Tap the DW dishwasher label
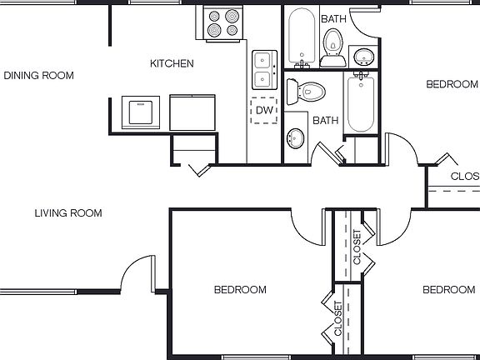(x=265, y=110)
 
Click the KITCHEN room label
(x=172, y=63)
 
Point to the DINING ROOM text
(x=38, y=76)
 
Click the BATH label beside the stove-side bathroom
(x=333, y=17)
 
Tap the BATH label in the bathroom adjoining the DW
(x=325, y=120)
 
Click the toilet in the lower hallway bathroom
(x=308, y=90)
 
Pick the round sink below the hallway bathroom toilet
(x=296, y=138)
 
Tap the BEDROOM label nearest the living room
(x=240, y=290)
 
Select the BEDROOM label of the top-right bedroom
(x=452, y=84)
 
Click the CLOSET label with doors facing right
(x=357, y=247)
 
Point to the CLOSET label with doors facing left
(x=338, y=319)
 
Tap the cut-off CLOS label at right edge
(x=464, y=177)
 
